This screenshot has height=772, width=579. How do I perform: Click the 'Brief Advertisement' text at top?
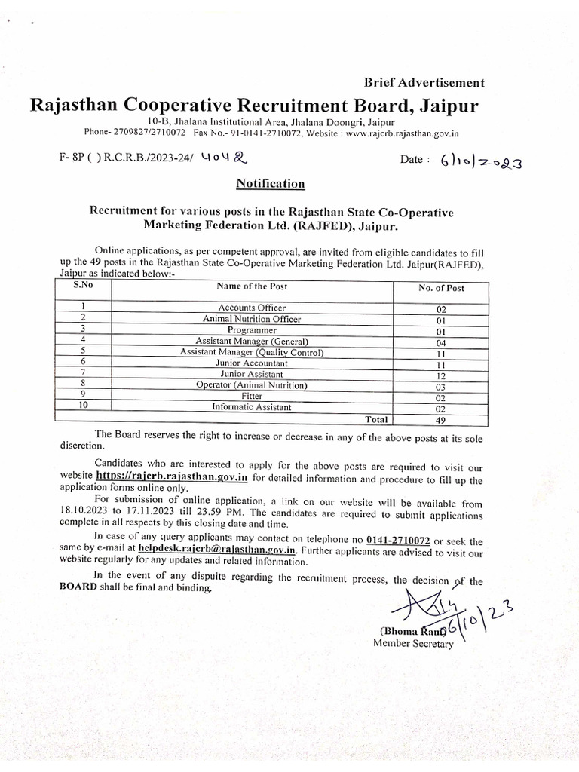coord(424,83)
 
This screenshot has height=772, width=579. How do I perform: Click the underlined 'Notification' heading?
coord(271,183)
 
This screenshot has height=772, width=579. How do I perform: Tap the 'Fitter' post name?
coord(252,396)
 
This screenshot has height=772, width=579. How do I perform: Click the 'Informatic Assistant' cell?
coord(252,407)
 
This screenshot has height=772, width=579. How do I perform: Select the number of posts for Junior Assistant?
coord(442,375)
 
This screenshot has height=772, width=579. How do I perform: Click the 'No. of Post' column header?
coord(442,288)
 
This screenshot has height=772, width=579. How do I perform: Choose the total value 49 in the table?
coord(442,421)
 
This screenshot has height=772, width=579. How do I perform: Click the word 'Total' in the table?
coord(377,419)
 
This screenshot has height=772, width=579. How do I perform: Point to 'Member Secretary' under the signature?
coord(413,643)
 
